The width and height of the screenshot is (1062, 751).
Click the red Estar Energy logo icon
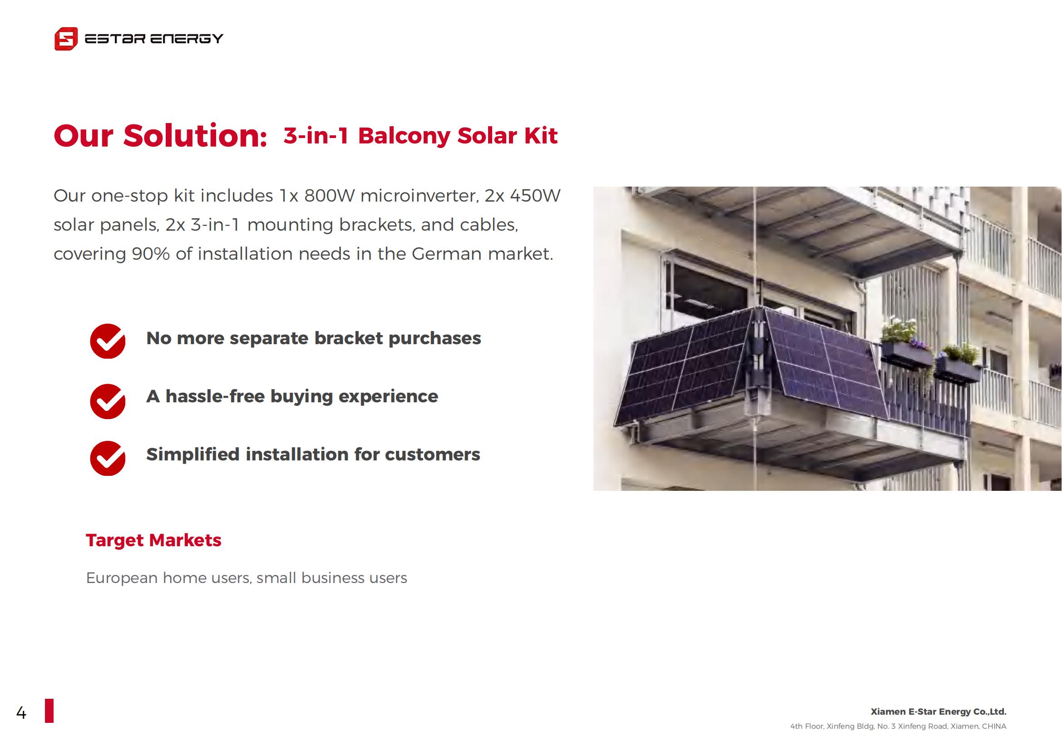(x=66, y=39)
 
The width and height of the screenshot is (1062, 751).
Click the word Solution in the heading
(x=195, y=136)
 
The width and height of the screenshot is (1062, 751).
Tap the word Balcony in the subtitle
(x=404, y=136)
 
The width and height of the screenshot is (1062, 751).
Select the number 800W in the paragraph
(x=329, y=196)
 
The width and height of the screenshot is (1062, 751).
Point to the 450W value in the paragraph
(x=535, y=196)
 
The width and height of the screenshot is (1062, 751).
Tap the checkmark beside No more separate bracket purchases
(x=108, y=341)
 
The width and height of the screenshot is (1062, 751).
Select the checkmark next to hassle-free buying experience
(x=108, y=401)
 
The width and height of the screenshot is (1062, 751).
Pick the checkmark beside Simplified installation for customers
(x=108, y=458)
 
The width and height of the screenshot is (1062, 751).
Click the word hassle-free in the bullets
(x=215, y=396)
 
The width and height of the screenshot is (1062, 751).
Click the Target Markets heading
(x=153, y=540)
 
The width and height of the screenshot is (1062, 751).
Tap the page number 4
(x=21, y=713)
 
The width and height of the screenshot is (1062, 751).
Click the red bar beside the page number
(x=49, y=711)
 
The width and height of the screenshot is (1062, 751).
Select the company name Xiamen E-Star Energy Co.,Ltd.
(x=939, y=711)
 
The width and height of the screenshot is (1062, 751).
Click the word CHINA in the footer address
(x=994, y=726)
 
